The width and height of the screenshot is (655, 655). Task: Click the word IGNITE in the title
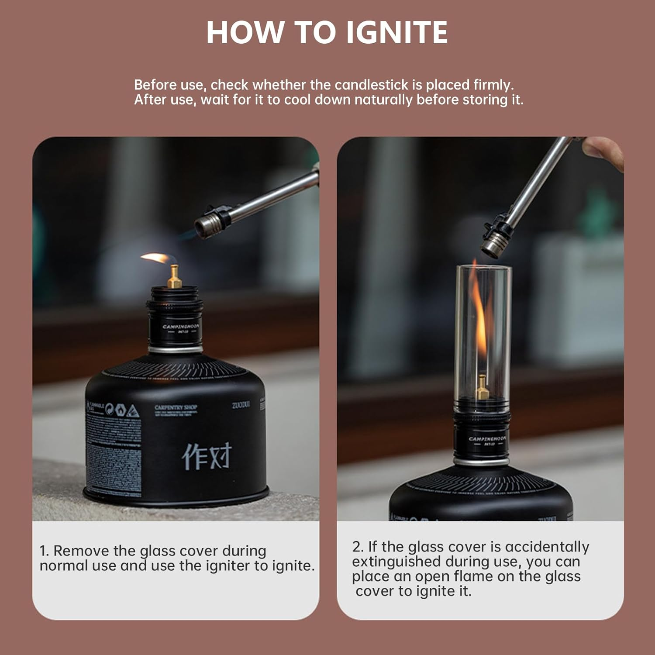pos(397,32)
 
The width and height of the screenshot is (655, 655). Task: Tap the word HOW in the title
pos(245,32)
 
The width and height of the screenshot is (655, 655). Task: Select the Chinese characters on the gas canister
pos(207,456)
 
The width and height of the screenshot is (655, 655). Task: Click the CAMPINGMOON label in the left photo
pos(181,327)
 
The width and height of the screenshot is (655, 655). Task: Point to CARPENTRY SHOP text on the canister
pos(176,407)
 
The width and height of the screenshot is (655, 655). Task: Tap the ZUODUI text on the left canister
pos(241,405)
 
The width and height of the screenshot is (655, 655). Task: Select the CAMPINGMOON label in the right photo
pos(487,438)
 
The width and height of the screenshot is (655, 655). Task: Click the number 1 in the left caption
pos(43,551)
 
